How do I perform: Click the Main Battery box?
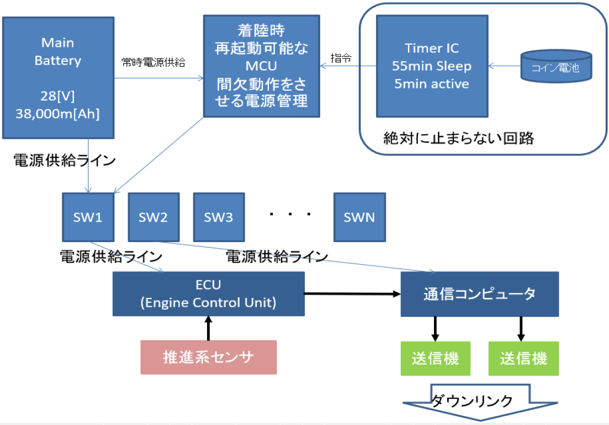pyautogui.click(x=58, y=77)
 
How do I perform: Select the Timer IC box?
pyautogui.click(x=431, y=66)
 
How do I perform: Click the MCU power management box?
pyautogui.click(x=261, y=66)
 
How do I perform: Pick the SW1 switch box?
pyautogui.click(x=88, y=217)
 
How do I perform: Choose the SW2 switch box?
pyautogui.click(x=153, y=217)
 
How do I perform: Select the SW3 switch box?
pyautogui.click(x=219, y=217)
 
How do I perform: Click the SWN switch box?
pyautogui.click(x=359, y=217)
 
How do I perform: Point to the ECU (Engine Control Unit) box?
pyautogui.click(x=208, y=293)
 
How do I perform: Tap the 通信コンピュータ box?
pyautogui.click(x=479, y=294)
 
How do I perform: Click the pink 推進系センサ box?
pyautogui.click(x=208, y=358)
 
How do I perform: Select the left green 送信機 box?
pyautogui.click(x=435, y=358)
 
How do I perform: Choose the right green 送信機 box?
pyautogui.click(x=523, y=358)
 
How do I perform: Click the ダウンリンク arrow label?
pyautogui.click(x=472, y=401)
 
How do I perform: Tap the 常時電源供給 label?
pyautogui.click(x=153, y=62)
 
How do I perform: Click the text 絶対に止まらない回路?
pyautogui.click(x=459, y=138)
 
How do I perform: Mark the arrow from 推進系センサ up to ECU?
pyautogui.click(x=208, y=328)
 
